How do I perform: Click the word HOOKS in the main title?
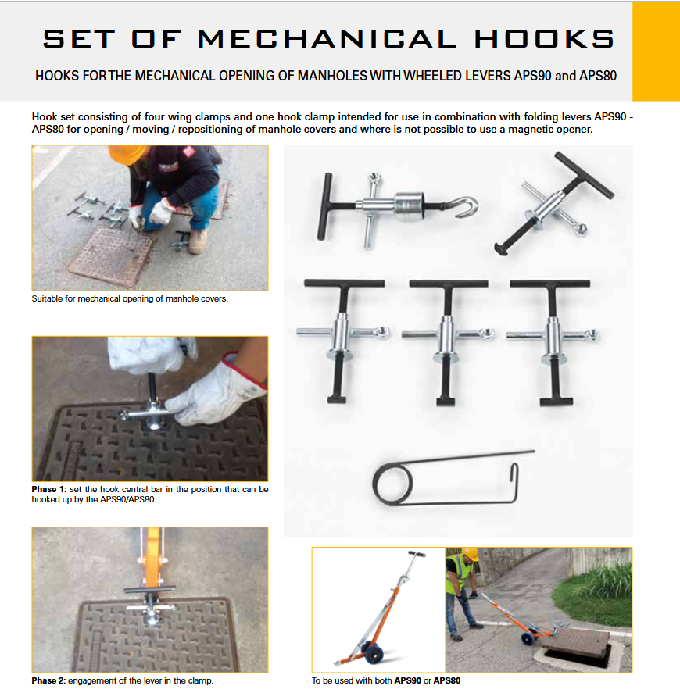tap(545, 39)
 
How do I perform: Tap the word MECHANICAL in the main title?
tap(327, 39)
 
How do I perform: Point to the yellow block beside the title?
tap(656, 51)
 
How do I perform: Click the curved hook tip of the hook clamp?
tap(467, 207)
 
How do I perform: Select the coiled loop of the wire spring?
tap(392, 484)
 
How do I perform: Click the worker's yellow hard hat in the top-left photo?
tap(127, 154)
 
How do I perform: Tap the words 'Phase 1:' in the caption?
tap(48, 489)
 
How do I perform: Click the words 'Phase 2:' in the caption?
tap(48, 680)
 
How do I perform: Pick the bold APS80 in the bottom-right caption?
tap(447, 680)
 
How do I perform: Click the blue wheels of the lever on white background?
tap(373, 652)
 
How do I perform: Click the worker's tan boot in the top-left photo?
tap(197, 241)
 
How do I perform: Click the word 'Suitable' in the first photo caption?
tap(47, 298)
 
